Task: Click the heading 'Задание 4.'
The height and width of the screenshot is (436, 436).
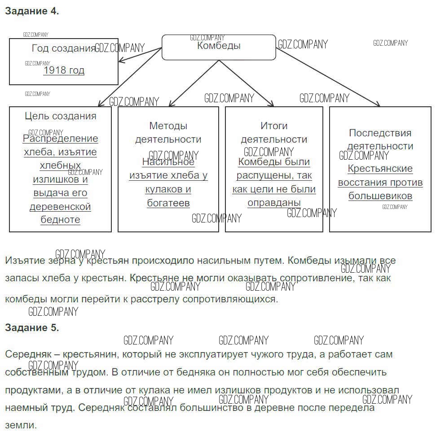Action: coord(32,12)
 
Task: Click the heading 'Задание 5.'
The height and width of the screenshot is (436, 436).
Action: coord(32,327)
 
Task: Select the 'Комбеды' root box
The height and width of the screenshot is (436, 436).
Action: coord(219,47)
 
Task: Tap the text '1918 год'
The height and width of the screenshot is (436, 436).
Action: coord(64,70)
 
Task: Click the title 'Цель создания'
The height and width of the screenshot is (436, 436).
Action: coord(61,116)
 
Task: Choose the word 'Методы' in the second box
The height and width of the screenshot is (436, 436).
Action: coord(168,126)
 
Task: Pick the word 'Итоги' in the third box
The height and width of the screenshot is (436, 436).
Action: coord(274,126)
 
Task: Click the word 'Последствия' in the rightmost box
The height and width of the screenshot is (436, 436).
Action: coord(380,133)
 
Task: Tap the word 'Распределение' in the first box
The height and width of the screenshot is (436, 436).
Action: coord(61,139)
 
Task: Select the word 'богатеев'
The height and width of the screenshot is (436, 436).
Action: coord(168,203)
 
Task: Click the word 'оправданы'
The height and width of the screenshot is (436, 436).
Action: coord(274,202)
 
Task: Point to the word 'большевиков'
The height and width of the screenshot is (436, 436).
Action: coord(380,196)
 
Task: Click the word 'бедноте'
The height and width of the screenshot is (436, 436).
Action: coord(61,220)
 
